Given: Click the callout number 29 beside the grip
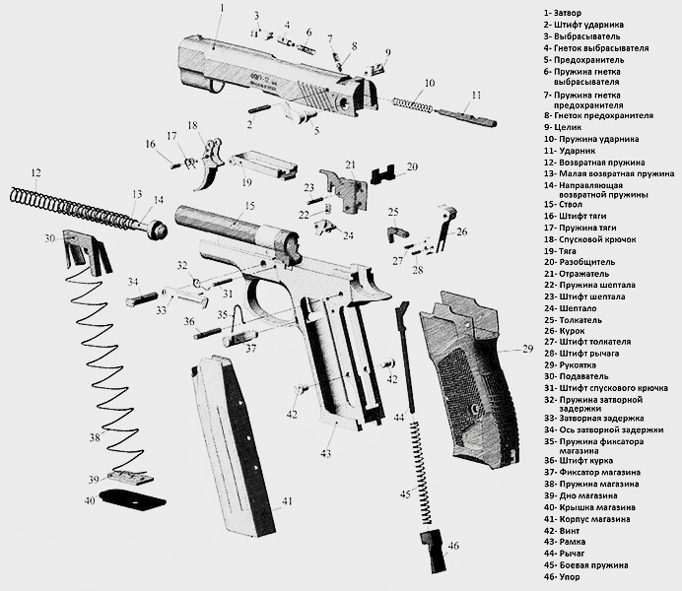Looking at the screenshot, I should [x=528, y=350].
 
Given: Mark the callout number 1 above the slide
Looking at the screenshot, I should [x=222, y=8].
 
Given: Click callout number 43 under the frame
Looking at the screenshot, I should [x=325, y=454].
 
